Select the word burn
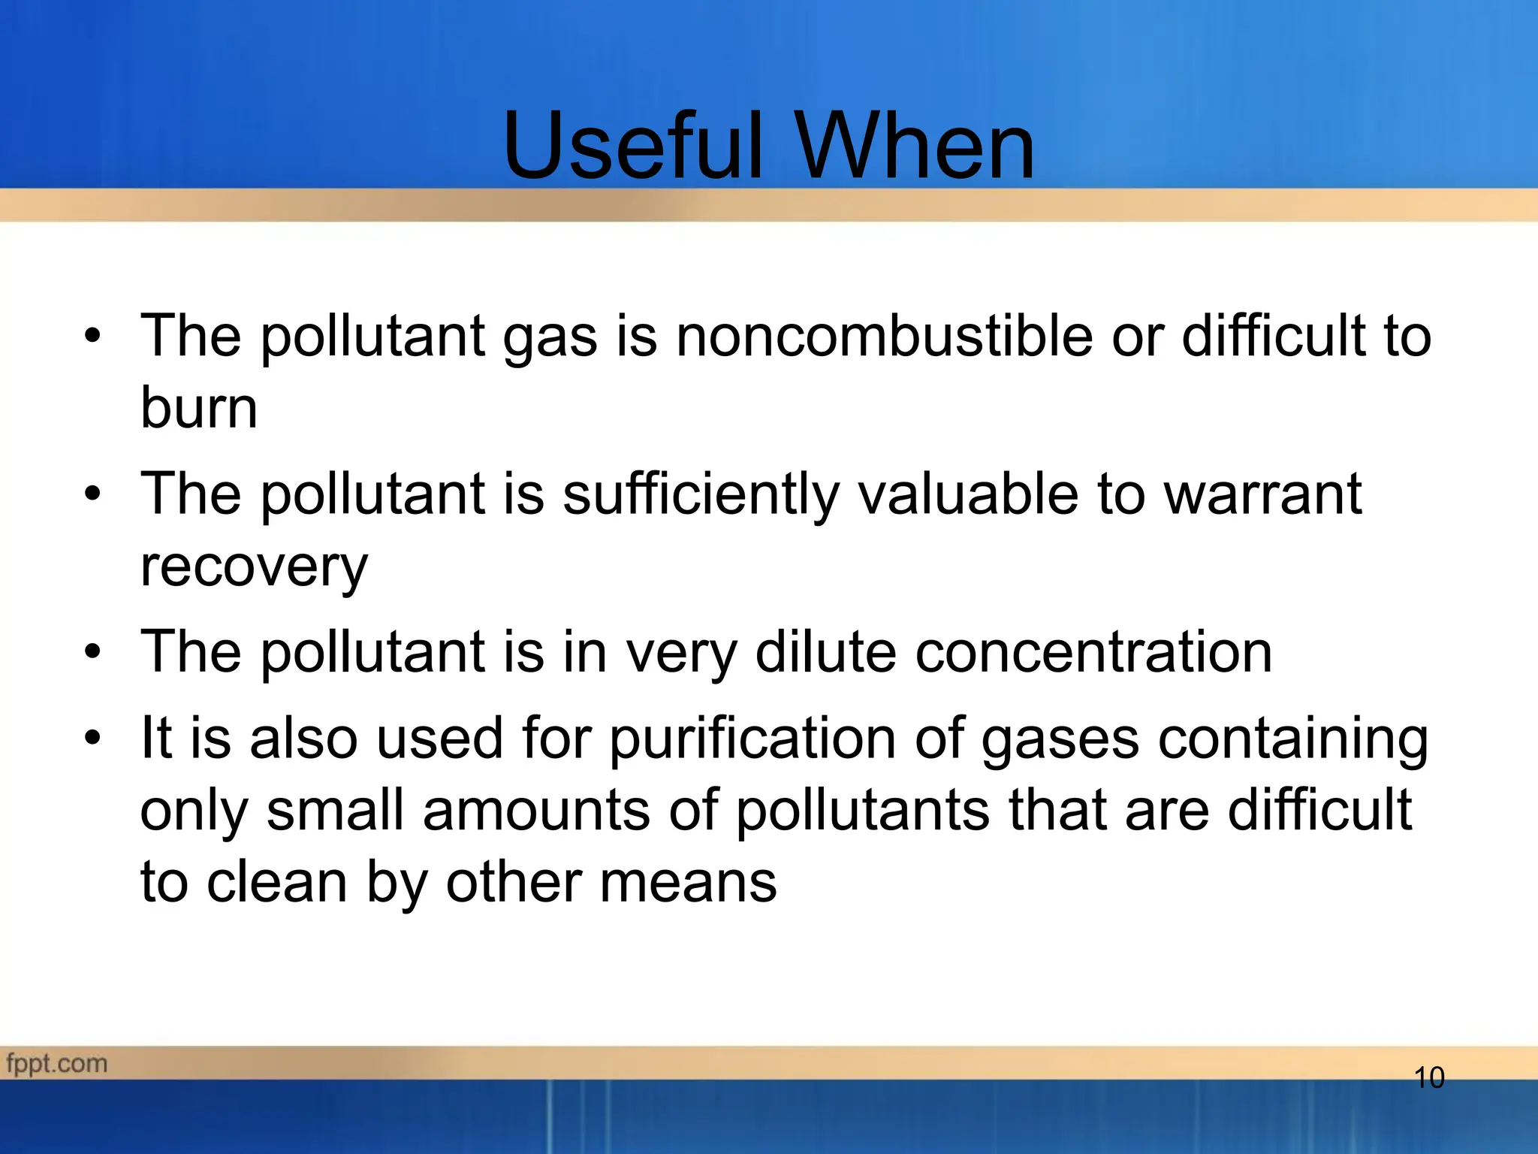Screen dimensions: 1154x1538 [x=199, y=408]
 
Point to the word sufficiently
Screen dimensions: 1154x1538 [x=700, y=495]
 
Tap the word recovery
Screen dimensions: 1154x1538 [x=254, y=567]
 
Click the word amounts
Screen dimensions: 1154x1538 [x=536, y=810]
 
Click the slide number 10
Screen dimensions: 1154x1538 [x=1429, y=1078]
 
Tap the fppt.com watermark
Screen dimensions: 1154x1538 [x=57, y=1064]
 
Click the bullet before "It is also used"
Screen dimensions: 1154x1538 [x=92, y=737]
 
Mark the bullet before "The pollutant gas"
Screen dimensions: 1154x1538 [x=92, y=336]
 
